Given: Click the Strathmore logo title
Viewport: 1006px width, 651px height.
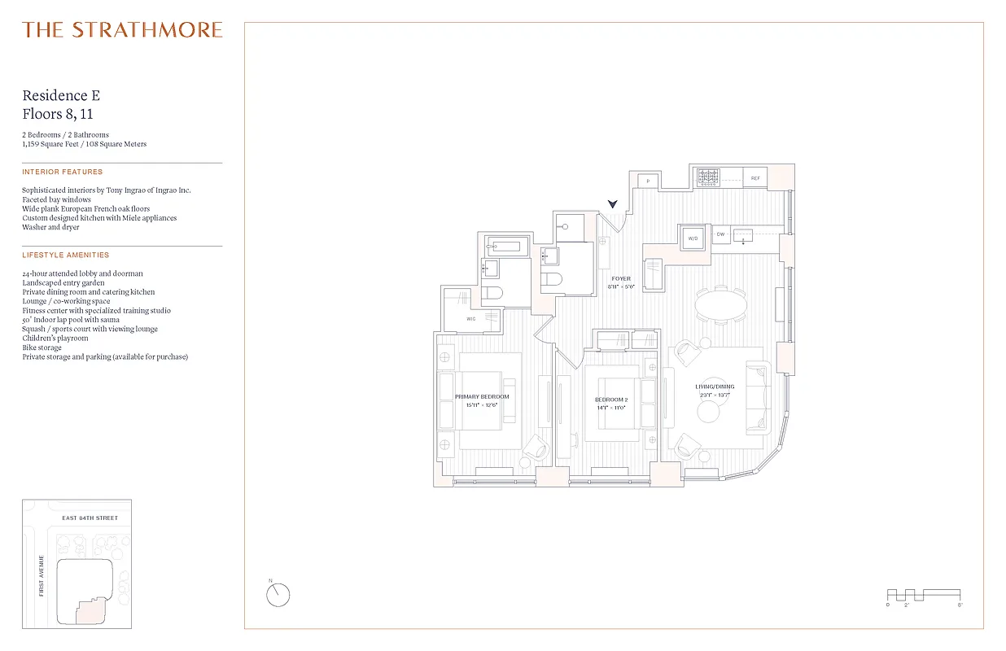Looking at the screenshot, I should (x=122, y=30).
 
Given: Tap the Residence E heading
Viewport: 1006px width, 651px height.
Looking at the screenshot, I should (x=61, y=96).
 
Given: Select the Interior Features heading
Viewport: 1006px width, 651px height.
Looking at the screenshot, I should (x=63, y=173).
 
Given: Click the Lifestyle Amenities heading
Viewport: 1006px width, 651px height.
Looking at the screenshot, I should (x=65, y=256).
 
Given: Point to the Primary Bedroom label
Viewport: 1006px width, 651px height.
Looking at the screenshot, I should (x=482, y=396).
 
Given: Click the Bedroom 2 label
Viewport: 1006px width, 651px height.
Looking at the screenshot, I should (x=610, y=400).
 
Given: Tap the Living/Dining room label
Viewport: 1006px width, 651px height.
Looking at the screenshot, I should (x=714, y=387).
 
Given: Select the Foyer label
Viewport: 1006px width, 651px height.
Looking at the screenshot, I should (x=621, y=279).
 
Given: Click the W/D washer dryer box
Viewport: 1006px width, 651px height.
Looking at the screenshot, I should (x=693, y=238).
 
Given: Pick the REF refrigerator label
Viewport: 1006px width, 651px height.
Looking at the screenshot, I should (x=755, y=178).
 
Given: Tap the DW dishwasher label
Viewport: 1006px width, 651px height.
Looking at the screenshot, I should (x=720, y=235).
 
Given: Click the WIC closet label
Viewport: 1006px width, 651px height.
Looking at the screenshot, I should (x=471, y=319).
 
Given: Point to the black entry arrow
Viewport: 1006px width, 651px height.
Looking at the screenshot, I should (x=613, y=205).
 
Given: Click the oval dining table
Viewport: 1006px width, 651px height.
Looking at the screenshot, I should (x=720, y=305).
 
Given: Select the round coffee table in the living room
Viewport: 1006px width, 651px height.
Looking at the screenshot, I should (x=708, y=413).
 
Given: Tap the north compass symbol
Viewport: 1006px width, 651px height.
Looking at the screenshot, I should (x=278, y=594).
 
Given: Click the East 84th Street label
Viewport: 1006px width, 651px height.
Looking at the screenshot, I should (x=90, y=518).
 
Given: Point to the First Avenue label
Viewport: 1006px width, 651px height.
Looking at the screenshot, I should (x=42, y=575).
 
